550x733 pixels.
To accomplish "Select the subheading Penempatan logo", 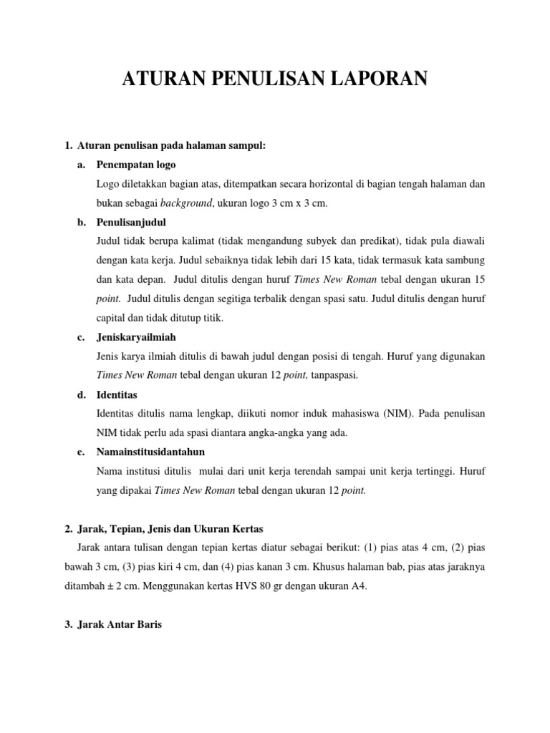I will pos(135,165).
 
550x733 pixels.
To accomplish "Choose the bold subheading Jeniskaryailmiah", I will pos(136,338).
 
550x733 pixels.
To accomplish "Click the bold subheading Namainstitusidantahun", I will pos(150,452).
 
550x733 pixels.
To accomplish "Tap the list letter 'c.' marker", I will pos(82,338).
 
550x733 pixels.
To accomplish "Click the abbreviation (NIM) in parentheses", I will pos(382,414).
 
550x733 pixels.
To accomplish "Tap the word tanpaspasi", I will pos(334,375).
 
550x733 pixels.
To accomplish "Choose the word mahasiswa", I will pos(340,414).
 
